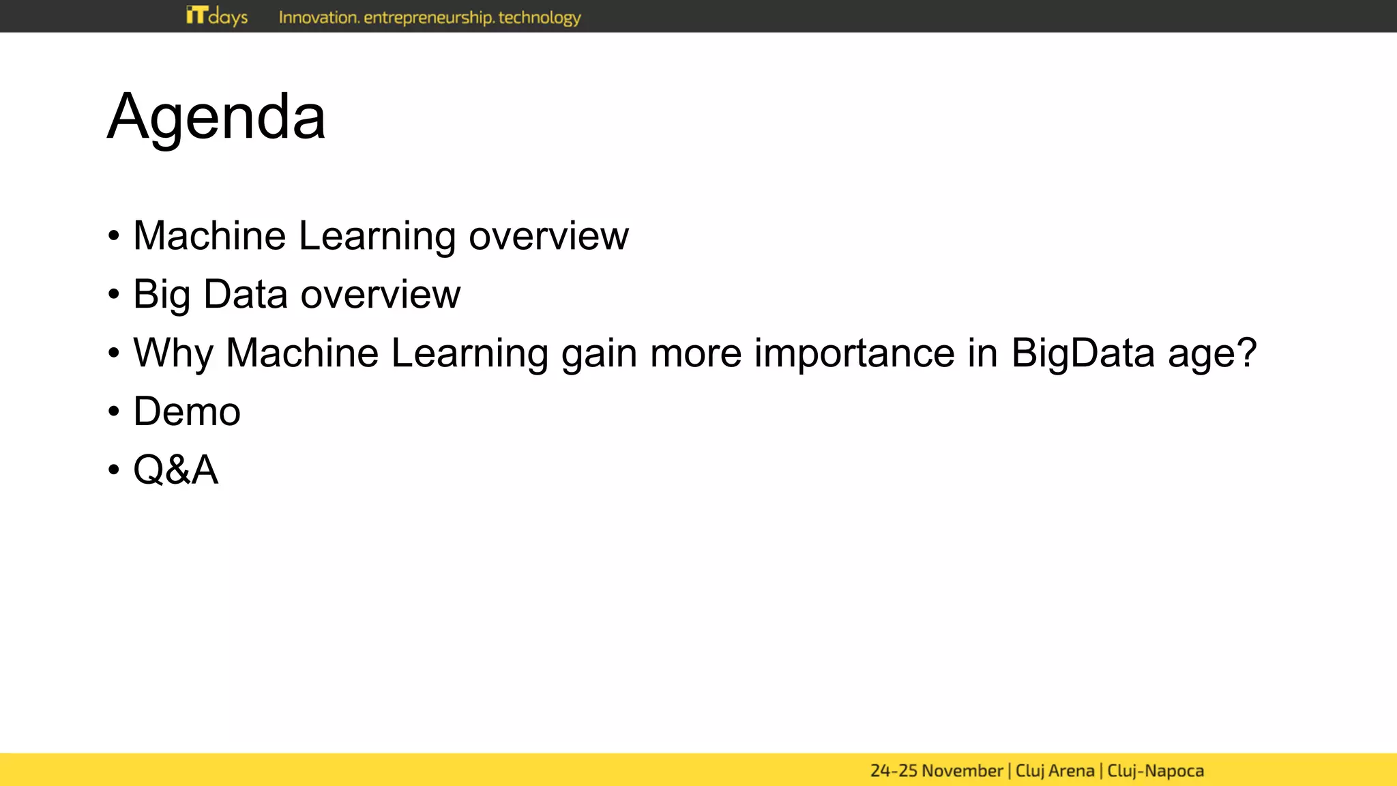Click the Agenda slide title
(216, 117)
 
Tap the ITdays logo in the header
(217, 16)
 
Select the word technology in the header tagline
(540, 18)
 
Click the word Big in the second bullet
(162, 295)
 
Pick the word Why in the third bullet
(173, 353)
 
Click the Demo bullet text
(187, 411)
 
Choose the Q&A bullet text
(176, 470)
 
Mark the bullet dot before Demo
(114, 412)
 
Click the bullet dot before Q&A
(114, 471)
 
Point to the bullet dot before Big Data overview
(114, 295)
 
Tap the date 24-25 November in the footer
(936, 771)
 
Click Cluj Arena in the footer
(1055, 771)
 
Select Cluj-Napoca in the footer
(1156, 771)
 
